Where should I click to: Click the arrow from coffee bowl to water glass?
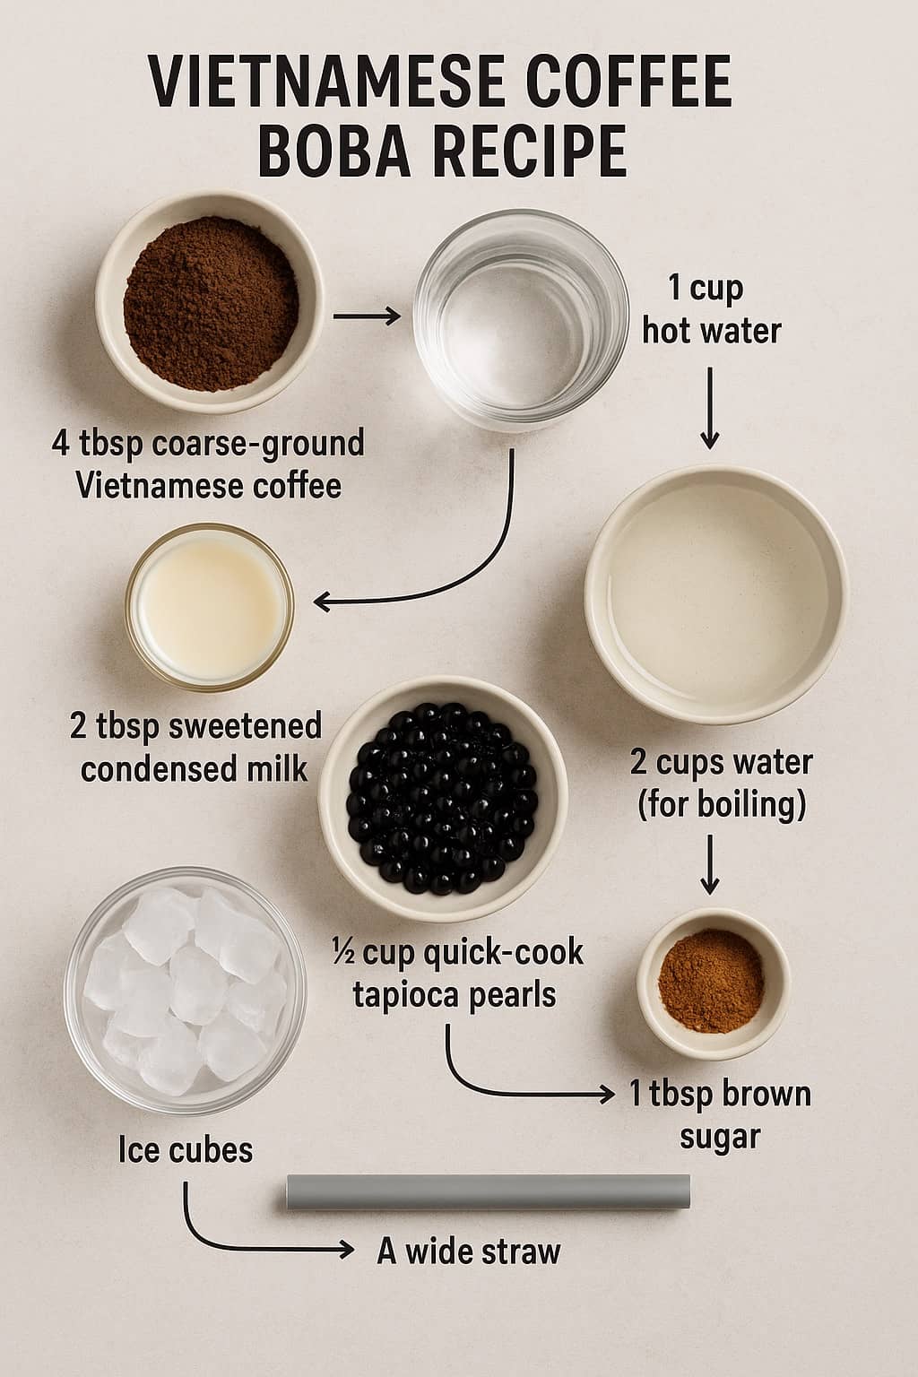(x=366, y=316)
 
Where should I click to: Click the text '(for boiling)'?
(x=721, y=804)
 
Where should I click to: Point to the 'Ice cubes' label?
(x=186, y=1149)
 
